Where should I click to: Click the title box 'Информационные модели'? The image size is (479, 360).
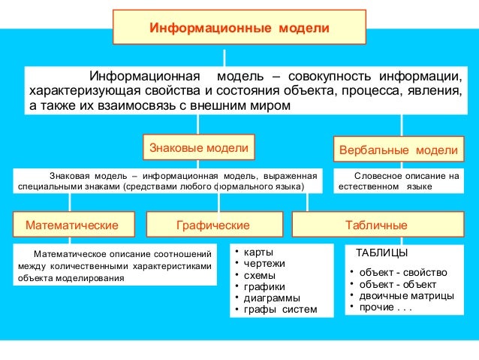(239, 27)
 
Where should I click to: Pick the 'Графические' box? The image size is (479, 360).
(213, 225)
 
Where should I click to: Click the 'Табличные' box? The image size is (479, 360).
(376, 225)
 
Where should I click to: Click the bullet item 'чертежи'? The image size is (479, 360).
(264, 263)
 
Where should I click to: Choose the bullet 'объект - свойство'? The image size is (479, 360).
(403, 271)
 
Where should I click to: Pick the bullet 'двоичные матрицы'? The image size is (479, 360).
(406, 295)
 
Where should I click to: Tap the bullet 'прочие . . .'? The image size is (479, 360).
(386, 307)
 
